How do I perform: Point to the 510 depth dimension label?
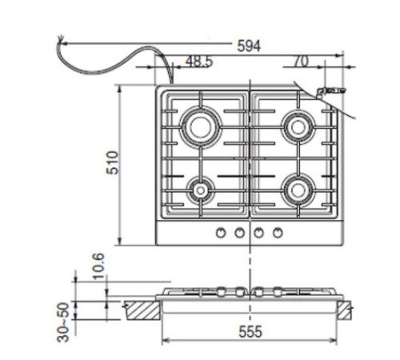tap(113, 163)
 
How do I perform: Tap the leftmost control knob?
tap(219, 233)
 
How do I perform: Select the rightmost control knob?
tap(278, 233)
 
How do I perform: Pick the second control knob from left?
tap(238, 233)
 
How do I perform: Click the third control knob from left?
tap(259, 233)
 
